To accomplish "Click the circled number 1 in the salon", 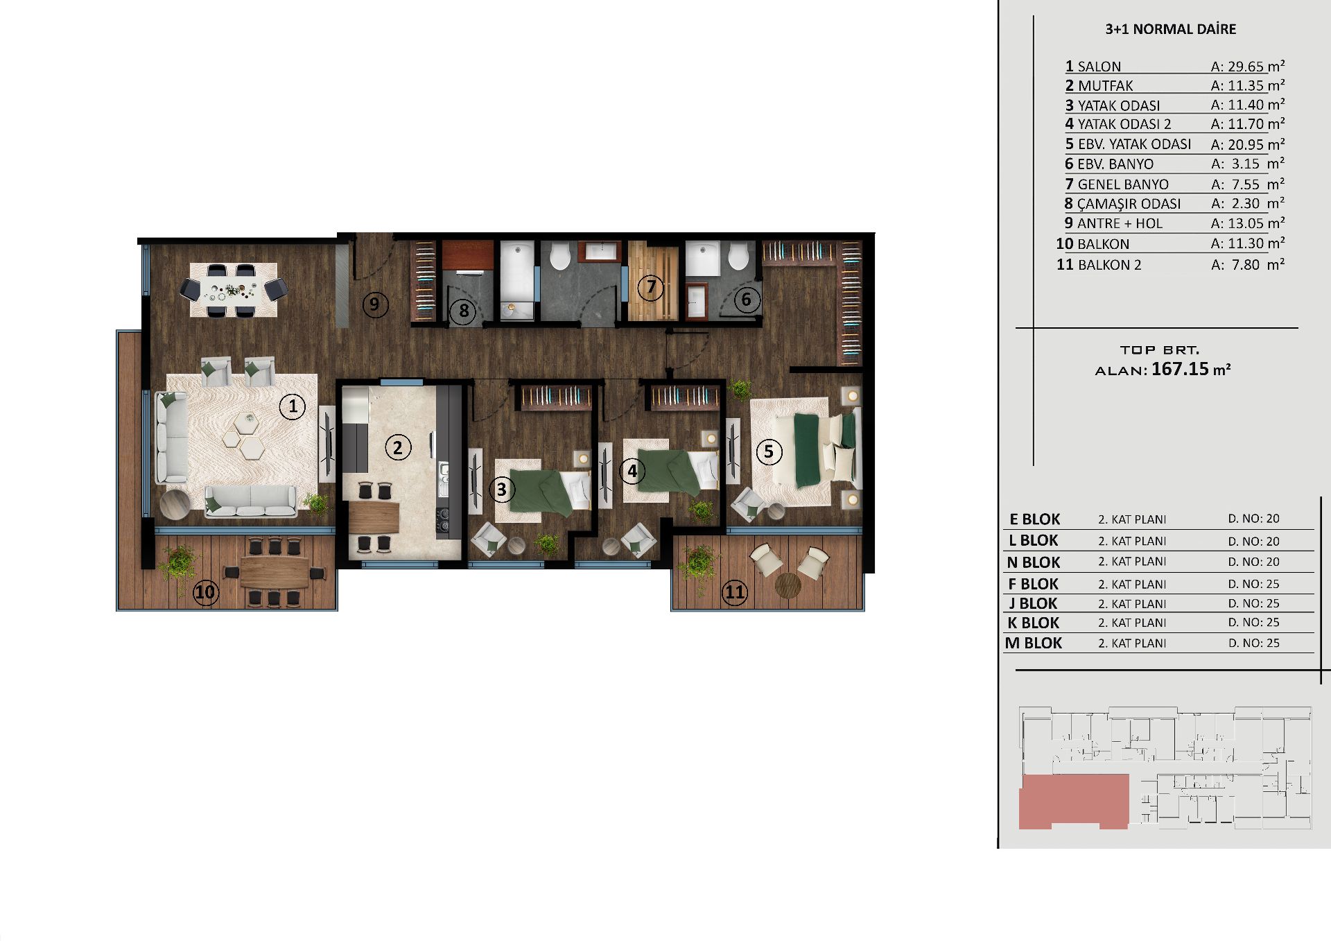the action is tap(293, 406).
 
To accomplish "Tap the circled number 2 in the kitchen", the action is tap(397, 448).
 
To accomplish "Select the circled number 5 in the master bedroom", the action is tap(768, 452).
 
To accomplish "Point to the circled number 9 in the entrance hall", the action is tap(374, 304).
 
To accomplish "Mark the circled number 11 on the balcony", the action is tap(734, 592).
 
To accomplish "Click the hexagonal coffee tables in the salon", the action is tap(243, 435).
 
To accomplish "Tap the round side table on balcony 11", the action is tap(788, 585).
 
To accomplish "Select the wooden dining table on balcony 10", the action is tap(275, 573).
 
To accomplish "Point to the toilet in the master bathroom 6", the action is tap(739, 256).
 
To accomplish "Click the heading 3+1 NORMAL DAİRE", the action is tap(1170, 29).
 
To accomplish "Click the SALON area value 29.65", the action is tap(1246, 67).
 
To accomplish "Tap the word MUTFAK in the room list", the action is tap(1105, 86).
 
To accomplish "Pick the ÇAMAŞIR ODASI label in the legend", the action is tap(1129, 204).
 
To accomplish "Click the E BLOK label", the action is tap(1034, 519).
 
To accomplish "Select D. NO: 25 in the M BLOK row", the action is tap(1253, 643).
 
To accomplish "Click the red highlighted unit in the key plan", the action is tap(1073, 801).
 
